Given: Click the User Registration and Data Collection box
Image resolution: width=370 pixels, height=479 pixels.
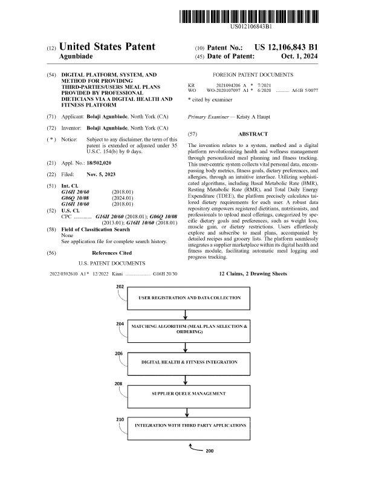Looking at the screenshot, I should point(189,298).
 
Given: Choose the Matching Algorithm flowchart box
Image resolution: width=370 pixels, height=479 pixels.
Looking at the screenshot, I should point(189,330).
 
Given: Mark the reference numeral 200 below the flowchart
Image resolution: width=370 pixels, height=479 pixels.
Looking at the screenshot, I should point(210,451).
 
